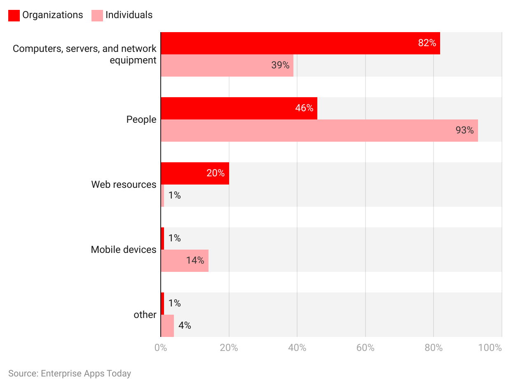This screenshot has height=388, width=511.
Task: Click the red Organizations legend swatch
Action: pyautogui.click(x=14, y=15)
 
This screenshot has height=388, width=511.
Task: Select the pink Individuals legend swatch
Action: pyautogui.click(x=97, y=15)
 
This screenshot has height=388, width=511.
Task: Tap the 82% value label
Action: pyautogui.click(x=427, y=43)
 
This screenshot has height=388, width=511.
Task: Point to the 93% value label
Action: pyautogui.click(x=464, y=130)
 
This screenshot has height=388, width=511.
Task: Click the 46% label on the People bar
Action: pyautogui.click(x=304, y=108)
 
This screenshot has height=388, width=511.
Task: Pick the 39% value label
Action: pyautogui.click(x=280, y=65)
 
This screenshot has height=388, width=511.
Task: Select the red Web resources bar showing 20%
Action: pyautogui.click(x=195, y=173)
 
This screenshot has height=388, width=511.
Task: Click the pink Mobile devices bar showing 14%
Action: pyautogui.click(x=184, y=260)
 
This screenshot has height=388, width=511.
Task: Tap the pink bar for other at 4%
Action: pyautogui.click(x=167, y=325)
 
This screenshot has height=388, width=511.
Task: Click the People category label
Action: pyautogui.click(x=141, y=119)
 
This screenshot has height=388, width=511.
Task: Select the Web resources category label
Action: pyautogui.click(x=124, y=185)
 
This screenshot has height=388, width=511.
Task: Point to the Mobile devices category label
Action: pyautogui.click(x=124, y=250)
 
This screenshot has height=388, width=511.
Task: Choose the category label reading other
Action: pyautogui.click(x=145, y=315)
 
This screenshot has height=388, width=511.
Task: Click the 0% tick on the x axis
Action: pyautogui.click(x=161, y=348)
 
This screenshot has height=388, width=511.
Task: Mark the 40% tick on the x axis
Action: pyautogui.click(x=297, y=348)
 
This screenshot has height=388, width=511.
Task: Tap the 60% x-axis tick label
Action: pyautogui.click(x=365, y=348)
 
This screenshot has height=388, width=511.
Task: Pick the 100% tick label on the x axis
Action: pyautogui.click(x=490, y=348)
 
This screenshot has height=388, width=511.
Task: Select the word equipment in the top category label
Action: pyautogui.click(x=133, y=60)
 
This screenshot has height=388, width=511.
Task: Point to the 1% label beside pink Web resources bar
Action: pyautogui.click(x=174, y=195)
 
